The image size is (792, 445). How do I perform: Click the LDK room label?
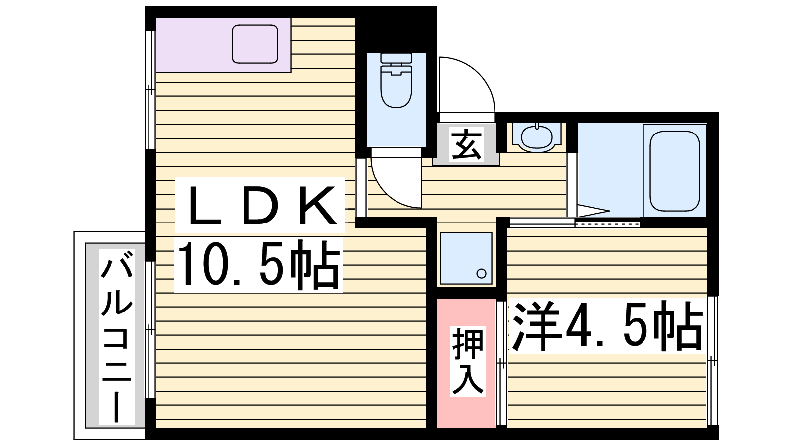pyautogui.click(x=262, y=206)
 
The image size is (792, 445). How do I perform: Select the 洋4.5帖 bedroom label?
pyautogui.click(x=607, y=326)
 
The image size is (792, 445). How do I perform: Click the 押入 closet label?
pyautogui.click(x=467, y=361)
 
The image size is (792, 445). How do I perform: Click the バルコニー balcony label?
pyautogui.click(x=117, y=336)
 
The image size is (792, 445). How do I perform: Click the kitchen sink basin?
pyautogui.click(x=254, y=44)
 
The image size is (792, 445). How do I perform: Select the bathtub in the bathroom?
pyautogui.click(x=675, y=170)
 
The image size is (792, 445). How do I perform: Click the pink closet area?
pyautogui.click(x=466, y=363)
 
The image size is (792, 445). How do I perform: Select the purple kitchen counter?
pyautogui.click(x=223, y=45)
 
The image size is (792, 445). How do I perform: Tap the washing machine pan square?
pyautogui.click(x=466, y=258)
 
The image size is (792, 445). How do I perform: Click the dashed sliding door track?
pyautogui.click(x=607, y=224)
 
